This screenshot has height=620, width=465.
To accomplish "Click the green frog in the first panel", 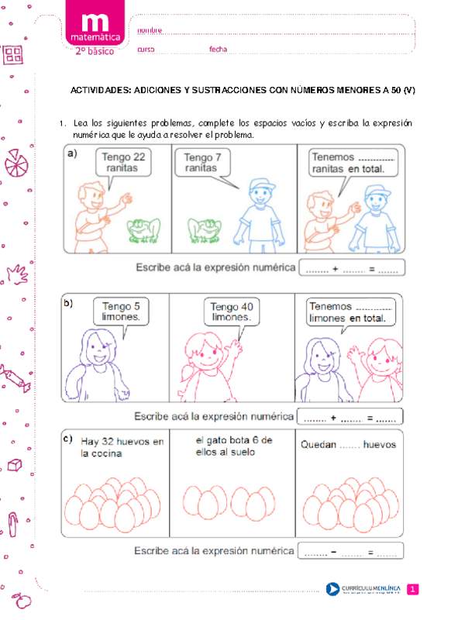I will [145, 228].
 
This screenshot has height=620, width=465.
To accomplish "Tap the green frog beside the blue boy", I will [205, 229].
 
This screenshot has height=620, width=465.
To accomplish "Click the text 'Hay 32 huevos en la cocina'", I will [122, 448].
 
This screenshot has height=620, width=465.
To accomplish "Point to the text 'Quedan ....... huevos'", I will [346, 445].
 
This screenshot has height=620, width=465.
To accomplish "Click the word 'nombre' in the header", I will [150, 29].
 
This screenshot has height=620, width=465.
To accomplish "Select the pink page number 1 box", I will [412, 590].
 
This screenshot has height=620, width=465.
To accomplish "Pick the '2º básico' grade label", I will [94, 51].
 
